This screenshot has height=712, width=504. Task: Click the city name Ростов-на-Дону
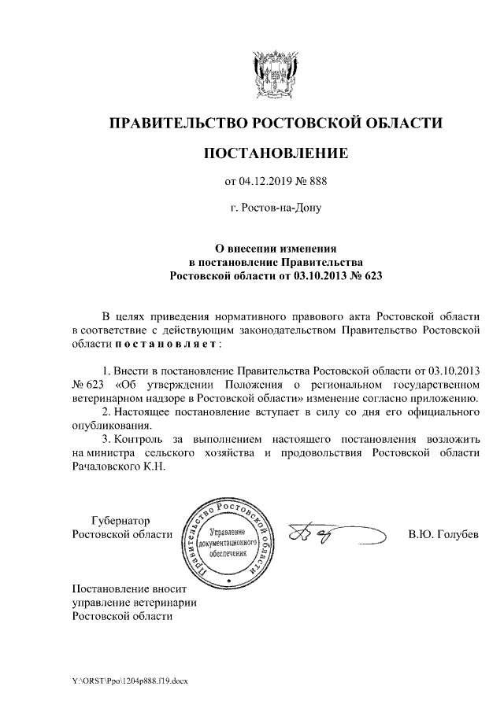[x=275, y=210]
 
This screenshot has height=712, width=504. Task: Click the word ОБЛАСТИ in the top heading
[x=398, y=123]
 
